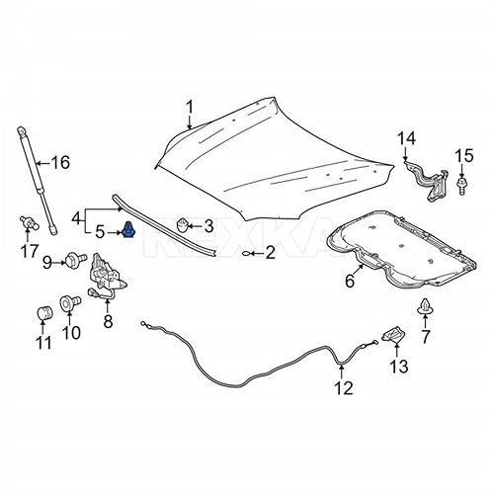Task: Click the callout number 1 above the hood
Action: point(191,108)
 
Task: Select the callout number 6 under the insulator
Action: point(349,282)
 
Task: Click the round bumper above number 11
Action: point(42,313)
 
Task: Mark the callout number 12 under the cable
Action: point(342,388)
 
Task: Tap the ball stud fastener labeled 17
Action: point(29,221)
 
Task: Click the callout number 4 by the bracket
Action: point(76,217)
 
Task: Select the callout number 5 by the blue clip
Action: point(100,233)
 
